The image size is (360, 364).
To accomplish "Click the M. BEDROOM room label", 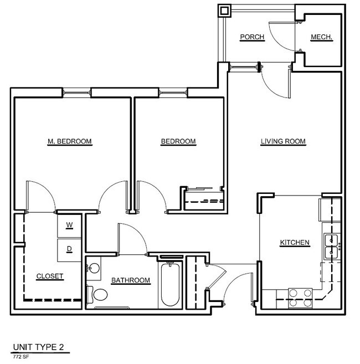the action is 70,141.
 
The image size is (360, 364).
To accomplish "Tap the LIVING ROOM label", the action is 283,141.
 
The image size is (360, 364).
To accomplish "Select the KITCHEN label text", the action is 295,242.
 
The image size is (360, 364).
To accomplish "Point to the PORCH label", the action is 252,37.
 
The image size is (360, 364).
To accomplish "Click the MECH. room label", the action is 321,37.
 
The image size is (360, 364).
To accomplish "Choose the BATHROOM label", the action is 131,280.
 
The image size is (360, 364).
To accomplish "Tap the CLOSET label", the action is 50,276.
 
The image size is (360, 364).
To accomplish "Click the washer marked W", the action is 69,225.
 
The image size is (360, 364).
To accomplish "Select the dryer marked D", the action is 69,250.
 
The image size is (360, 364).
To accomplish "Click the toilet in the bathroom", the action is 97,294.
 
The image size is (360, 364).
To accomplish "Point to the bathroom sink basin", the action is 95,268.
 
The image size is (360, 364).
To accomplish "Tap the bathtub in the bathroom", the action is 170,285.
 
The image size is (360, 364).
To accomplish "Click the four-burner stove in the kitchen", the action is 300,298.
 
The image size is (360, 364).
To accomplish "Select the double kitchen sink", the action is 332,247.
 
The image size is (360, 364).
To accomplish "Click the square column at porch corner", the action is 224,11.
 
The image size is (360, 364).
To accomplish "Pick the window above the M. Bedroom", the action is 76,93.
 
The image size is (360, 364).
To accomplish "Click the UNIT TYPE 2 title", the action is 38,347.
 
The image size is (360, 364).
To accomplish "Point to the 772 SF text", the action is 21,357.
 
